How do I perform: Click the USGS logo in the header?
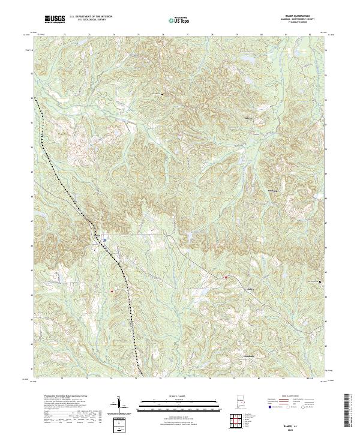(x=55, y=19)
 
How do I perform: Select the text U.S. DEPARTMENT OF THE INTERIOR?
(x=91, y=17)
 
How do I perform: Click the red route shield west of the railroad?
(x=111, y=291)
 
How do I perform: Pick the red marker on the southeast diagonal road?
(x=226, y=277)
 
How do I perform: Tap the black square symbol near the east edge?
(x=320, y=281)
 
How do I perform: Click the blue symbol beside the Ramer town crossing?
(x=104, y=240)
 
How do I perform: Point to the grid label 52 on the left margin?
(x=31, y=98)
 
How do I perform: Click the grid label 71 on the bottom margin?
(x=37, y=379)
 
